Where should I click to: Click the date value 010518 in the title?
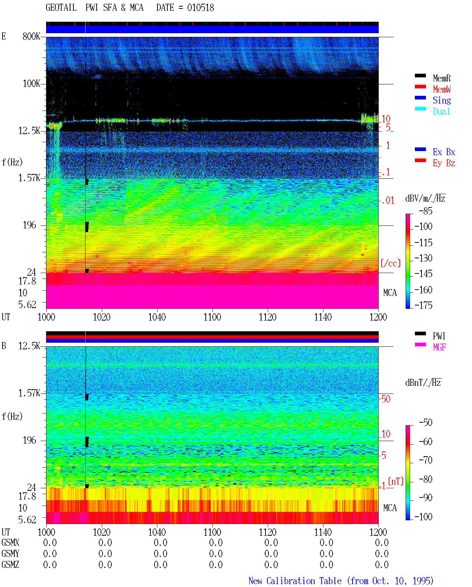pos(200,8)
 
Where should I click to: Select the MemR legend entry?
pos(441,78)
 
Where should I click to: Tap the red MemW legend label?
pos(441,89)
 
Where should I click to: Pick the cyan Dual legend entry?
pos(441,111)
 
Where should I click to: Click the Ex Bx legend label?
pos(444,152)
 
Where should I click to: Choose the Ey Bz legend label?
pos(444,163)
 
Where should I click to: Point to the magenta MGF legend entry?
pos(439,347)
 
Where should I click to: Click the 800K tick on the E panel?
pos(31,36)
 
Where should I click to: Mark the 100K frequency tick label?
pos(31,84)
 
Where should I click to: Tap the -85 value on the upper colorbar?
pos(426,211)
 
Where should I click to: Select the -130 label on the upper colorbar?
pos(423,258)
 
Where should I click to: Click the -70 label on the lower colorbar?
pos(426,460)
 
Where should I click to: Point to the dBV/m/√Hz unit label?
pos(425,198)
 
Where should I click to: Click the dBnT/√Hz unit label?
pos(423,382)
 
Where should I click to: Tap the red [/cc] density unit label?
pos(391,263)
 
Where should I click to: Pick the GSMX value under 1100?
pos(216,542)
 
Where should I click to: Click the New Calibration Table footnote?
pos(341,581)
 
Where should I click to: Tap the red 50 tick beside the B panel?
pos(386,399)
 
